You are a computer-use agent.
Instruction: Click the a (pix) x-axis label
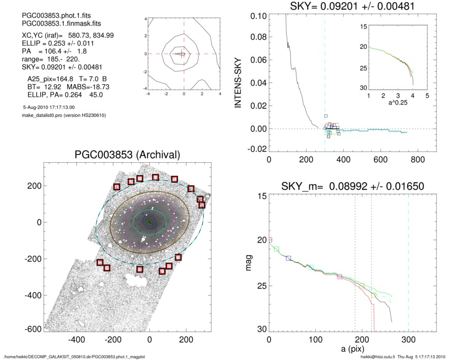(x=352, y=351)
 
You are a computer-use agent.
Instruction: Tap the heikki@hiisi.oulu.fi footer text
(x=373, y=356)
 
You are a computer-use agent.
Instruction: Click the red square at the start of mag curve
(x=271, y=239)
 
